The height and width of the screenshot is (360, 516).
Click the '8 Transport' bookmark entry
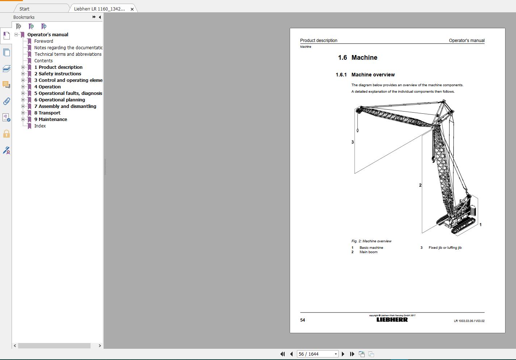pos(47,113)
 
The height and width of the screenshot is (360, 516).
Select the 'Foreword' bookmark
pos(43,41)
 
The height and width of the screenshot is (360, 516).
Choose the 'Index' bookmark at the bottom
pos(40,126)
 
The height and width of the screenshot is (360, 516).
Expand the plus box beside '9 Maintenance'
pos(23,120)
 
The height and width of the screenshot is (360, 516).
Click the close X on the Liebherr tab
pos(132,9)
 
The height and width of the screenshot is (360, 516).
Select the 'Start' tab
pos(25,9)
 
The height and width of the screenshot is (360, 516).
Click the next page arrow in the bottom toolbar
pos(343,354)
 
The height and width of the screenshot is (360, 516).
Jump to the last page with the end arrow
pos(352,354)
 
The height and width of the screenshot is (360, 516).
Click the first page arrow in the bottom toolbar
pos(282,354)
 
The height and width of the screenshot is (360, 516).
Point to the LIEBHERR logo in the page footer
pos(392,320)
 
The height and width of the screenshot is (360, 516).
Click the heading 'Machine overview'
pos(373,75)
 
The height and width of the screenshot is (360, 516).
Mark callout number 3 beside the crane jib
pos(352,142)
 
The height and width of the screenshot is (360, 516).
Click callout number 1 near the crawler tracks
pos(481,225)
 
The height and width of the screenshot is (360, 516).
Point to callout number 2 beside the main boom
pos(420,185)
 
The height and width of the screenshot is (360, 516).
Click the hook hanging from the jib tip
pos(358,130)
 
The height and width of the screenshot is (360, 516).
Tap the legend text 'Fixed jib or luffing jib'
pos(445,248)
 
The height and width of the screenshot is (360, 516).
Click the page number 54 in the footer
pos(303,320)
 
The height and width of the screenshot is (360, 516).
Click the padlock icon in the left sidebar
pos(7,134)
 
